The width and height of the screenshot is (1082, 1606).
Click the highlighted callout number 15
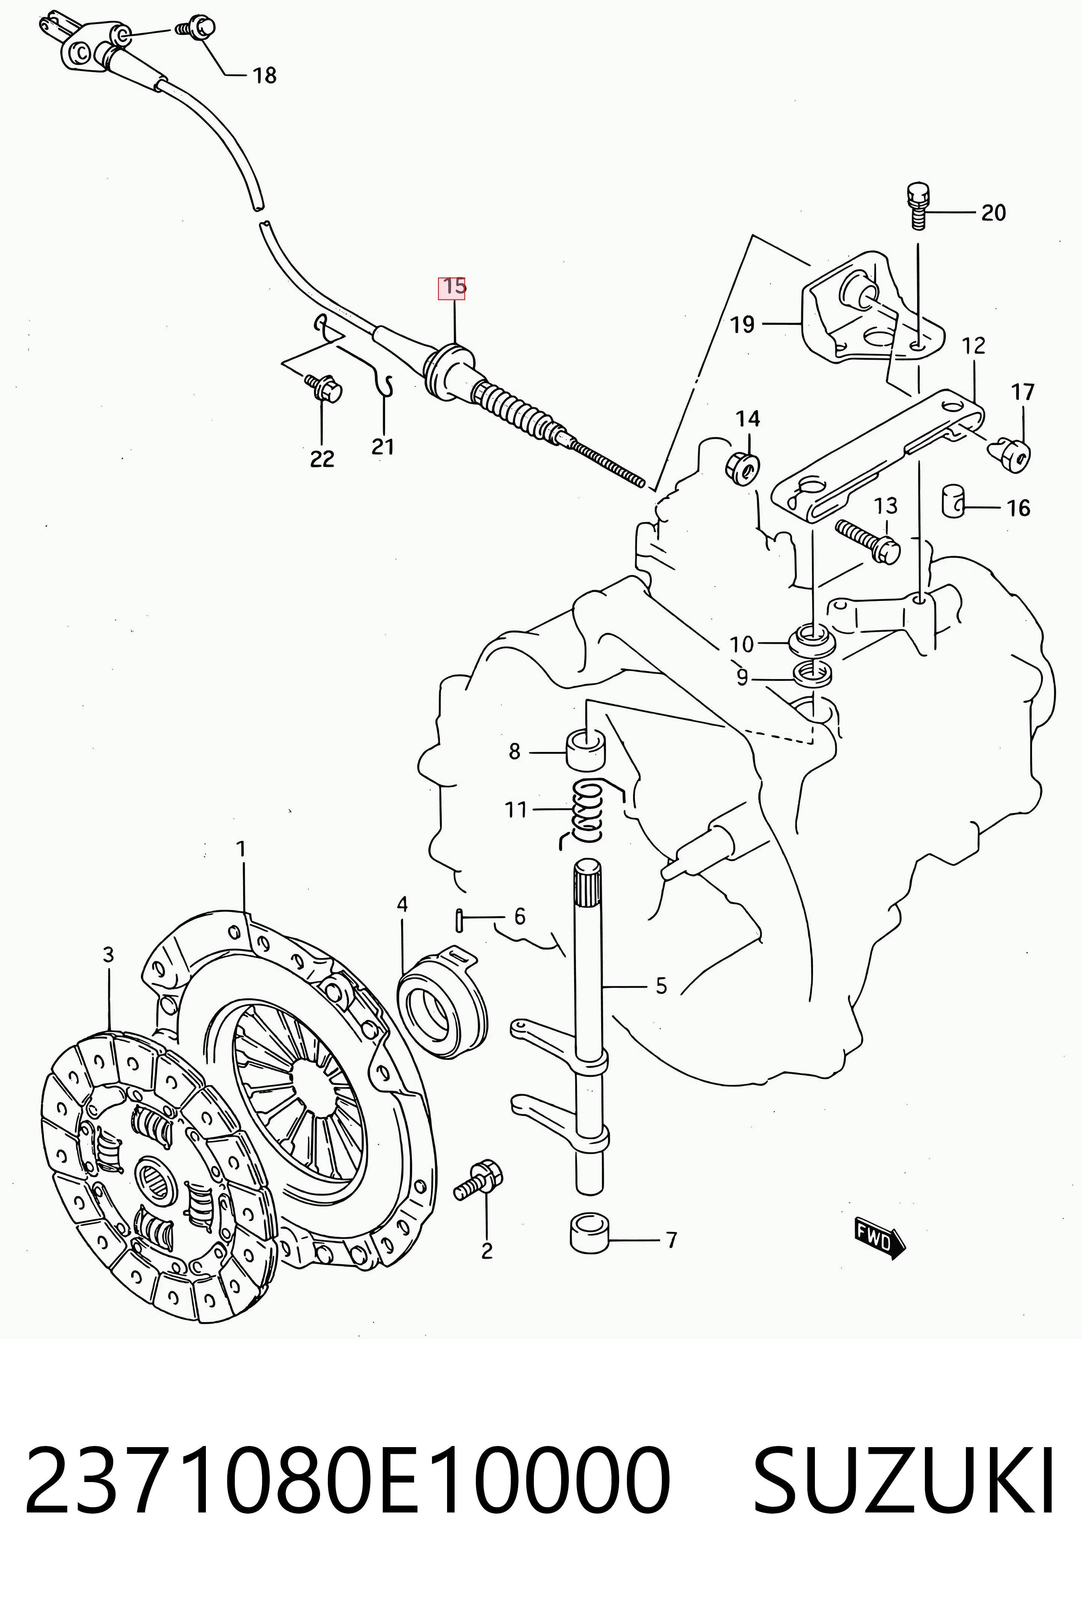pyautogui.click(x=453, y=287)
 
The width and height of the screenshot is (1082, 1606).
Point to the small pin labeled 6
pyautogui.click(x=458, y=919)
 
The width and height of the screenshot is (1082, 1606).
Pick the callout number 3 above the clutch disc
pyautogui.click(x=108, y=955)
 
